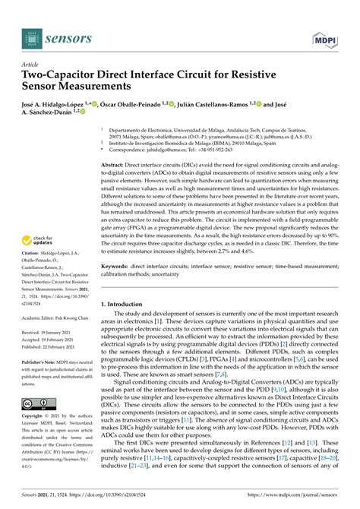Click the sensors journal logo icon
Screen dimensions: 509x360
tap(30, 35)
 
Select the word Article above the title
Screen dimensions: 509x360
tap(31, 65)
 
